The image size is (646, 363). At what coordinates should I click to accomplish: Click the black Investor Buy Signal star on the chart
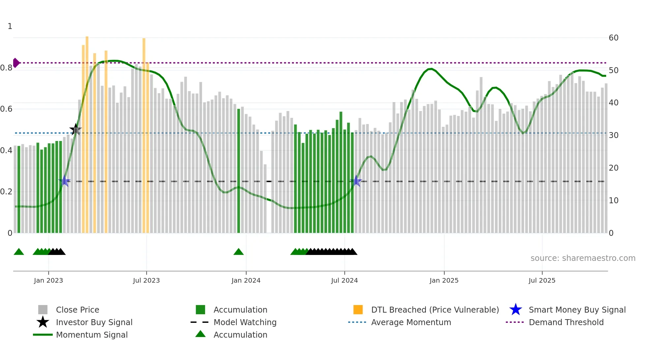point(75,130)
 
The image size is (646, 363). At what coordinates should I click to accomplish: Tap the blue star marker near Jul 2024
point(356,181)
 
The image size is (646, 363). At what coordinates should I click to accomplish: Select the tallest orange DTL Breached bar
point(87,132)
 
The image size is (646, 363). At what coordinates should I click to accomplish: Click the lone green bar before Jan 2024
point(239,171)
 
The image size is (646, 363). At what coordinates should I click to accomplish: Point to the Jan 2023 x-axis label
point(48,280)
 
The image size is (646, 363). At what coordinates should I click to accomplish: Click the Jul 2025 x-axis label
point(542,280)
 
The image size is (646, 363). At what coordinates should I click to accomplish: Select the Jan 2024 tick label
point(246,280)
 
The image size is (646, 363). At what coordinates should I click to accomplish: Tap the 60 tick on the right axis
point(613,38)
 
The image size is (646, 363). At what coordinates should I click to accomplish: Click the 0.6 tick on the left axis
point(7,109)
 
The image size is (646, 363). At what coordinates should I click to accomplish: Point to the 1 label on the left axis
point(10,26)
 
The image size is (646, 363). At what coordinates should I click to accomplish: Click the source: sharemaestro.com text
point(583,258)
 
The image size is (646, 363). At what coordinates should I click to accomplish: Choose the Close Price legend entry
point(77,310)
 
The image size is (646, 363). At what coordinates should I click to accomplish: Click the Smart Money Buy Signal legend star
point(515,310)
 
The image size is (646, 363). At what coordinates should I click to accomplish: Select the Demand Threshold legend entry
point(566,322)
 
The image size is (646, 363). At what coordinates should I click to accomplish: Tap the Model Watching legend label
point(245,322)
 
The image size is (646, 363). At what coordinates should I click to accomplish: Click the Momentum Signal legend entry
point(92,335)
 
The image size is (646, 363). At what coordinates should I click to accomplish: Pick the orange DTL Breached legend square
point(358,310)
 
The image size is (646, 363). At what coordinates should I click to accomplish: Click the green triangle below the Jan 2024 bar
point(238,252)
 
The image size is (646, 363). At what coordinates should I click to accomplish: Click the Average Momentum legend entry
point(411,322)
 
